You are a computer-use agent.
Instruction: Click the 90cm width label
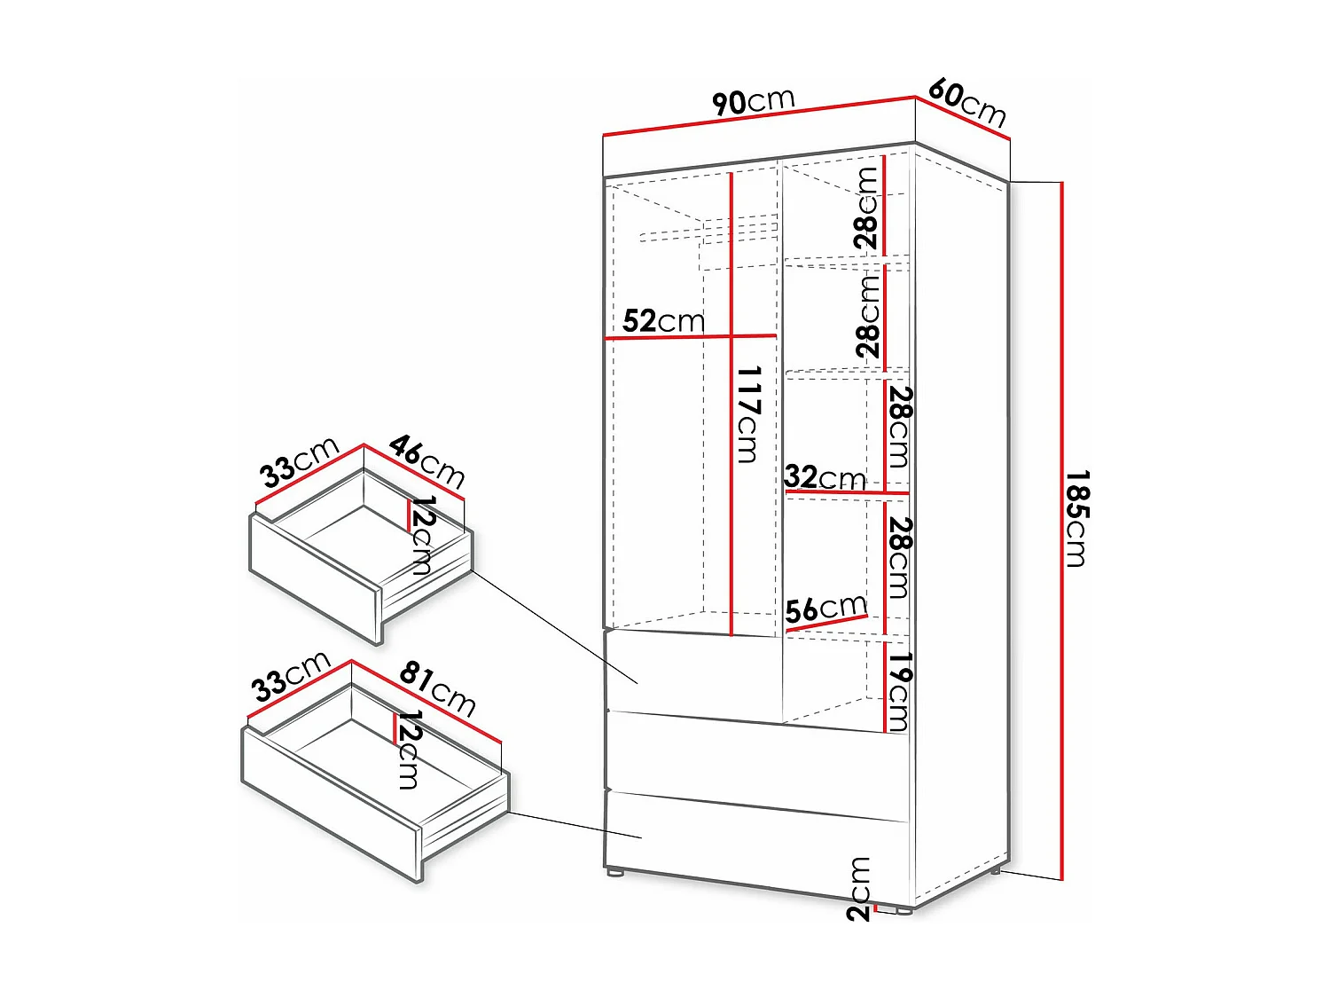754,101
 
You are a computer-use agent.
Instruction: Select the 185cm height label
1076,519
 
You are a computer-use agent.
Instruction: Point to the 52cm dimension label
663,320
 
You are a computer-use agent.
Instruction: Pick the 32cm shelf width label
825,477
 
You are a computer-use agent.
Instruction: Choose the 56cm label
825,609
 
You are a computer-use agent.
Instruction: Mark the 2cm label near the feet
859,889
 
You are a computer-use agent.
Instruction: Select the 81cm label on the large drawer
438,688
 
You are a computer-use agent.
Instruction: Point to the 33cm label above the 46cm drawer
300,461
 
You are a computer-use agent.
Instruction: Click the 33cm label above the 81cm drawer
291,677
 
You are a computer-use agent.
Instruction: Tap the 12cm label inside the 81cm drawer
408,750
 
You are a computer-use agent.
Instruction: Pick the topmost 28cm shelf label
866,208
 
